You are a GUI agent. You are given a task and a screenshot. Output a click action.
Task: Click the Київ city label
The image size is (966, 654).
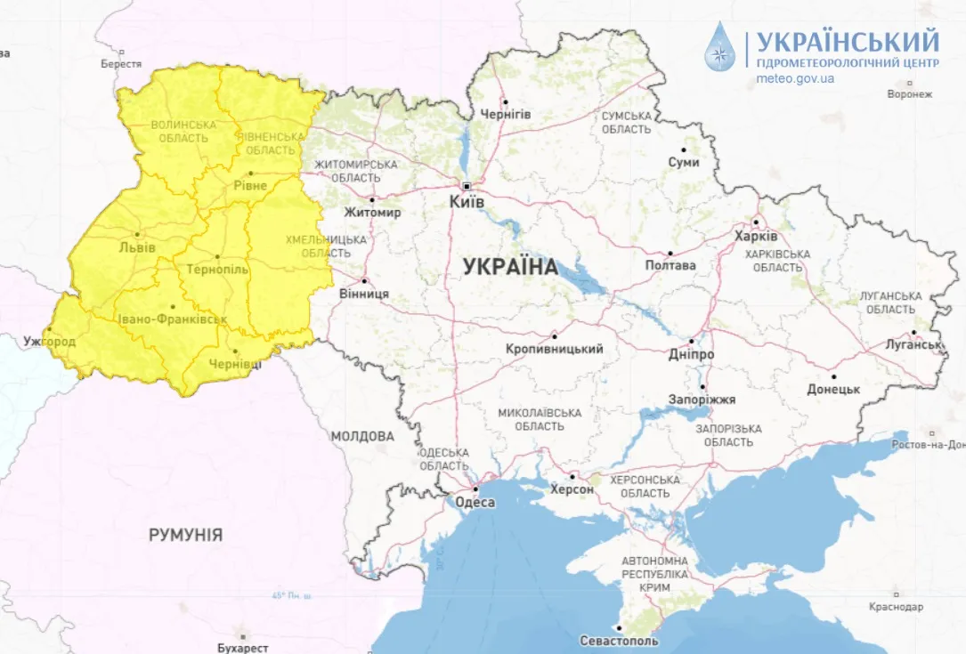tap(467, 203)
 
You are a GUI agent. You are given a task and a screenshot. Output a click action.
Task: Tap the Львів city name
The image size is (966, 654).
tap(137, 247)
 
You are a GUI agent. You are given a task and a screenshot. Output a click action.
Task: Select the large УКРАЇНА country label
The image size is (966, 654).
tap(510, 266)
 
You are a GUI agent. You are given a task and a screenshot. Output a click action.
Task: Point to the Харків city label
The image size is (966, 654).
tap(756, 237)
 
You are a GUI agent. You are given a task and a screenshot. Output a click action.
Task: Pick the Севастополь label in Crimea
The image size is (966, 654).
tap(619, 641)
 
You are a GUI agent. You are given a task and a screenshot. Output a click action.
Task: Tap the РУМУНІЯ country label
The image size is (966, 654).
tap(185, 535)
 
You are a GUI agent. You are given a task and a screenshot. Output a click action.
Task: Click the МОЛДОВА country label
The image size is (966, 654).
tap(362, 437)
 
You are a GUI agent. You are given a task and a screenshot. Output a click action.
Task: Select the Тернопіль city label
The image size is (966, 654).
tap(216, 269)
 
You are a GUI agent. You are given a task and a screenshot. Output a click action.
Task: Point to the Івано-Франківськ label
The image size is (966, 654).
tap(171, 319)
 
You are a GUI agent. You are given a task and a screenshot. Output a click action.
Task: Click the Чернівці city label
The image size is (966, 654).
tap(235, 364)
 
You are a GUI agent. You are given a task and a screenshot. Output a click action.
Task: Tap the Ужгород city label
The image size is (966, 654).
tap(50, 342)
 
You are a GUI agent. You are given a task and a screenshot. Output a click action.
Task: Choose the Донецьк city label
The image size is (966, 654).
tap(832, 389)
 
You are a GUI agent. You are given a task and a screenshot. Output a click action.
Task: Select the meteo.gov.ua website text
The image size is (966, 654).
tap(795, 78)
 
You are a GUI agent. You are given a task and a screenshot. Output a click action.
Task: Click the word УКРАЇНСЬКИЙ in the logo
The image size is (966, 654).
tap(848, 40)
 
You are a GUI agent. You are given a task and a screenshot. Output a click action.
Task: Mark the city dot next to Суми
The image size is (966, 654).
tap(684, 149)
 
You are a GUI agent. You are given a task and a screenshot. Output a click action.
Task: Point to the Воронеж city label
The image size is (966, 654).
tap(909, 94)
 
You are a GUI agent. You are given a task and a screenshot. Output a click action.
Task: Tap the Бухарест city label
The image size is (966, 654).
tap(242, 649)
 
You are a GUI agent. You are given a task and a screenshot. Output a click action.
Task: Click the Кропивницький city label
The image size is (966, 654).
tap(554, 349)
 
